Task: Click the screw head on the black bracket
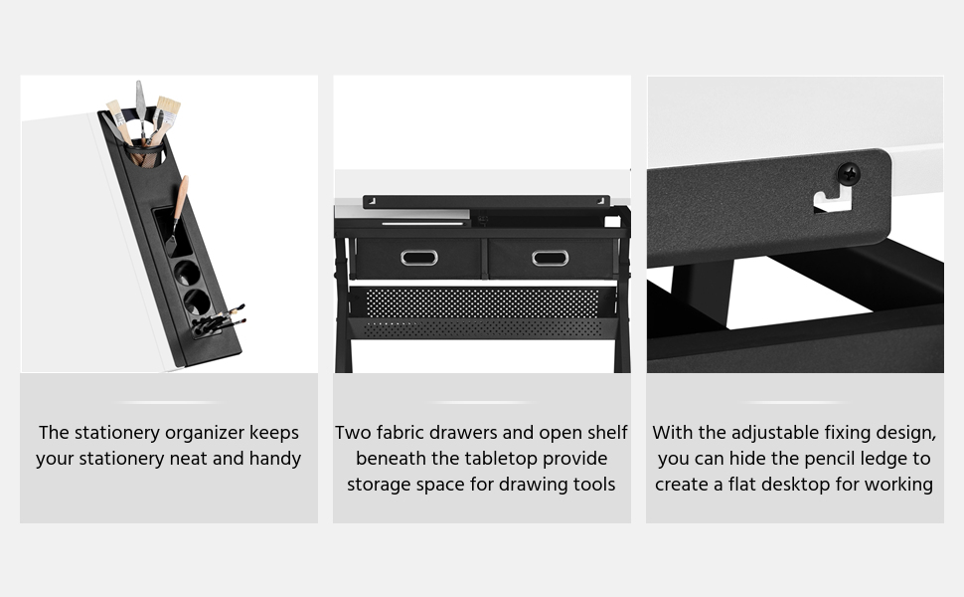tap(849, 174)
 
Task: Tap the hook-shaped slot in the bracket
tap(831, 201)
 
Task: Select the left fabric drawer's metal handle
tap(419, 258)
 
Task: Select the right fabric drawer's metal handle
tap(551, 258)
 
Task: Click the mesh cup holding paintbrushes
tap(145, 153)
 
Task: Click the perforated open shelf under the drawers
tap(482, 312)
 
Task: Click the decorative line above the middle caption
tap(481, 403)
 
